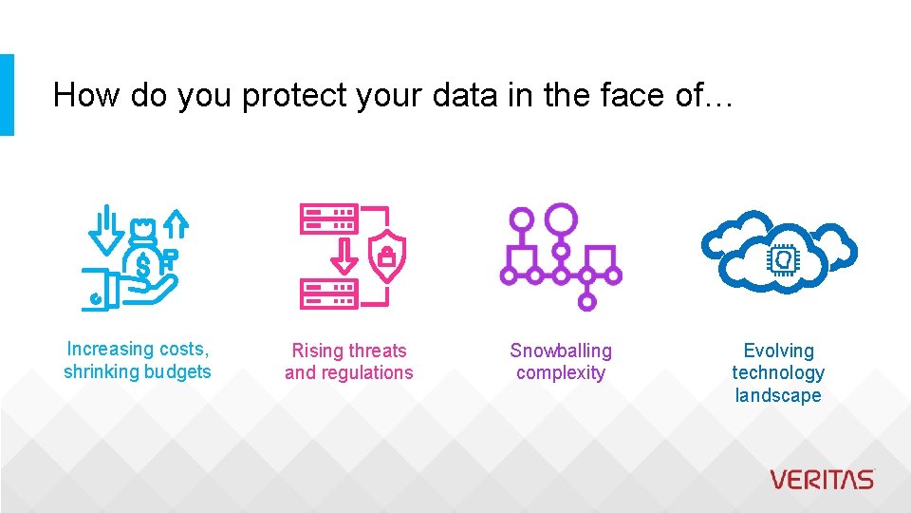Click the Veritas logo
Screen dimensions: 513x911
click(822, 479)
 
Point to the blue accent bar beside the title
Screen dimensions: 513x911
click(7, 95)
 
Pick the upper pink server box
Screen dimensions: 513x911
click(328, 219)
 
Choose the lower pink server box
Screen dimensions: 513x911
click(328, 294)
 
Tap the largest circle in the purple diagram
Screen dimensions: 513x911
click(561, 218)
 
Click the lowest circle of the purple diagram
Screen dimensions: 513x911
click(586, 302)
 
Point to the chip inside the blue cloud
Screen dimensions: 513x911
click(779, 258)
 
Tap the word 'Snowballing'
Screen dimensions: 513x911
click(561, 351)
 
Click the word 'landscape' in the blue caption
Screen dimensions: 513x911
click(778, 395)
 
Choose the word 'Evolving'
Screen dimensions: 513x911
click(778, 351)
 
